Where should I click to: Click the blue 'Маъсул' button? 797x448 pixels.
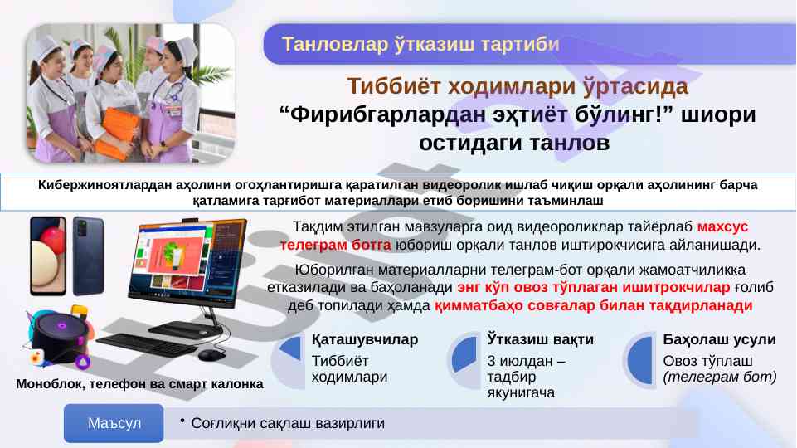(114, 423)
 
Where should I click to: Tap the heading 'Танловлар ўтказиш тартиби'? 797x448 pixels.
(420, 44)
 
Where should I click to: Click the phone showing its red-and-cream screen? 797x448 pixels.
(48, 256)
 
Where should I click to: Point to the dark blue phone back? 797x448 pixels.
(88, 256)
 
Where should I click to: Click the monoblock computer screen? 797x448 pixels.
(187, 263)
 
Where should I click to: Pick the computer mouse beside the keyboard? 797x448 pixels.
(211, 354)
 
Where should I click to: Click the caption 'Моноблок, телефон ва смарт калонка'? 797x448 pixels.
(139, 384)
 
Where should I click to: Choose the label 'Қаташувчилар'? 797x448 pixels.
(364, 339)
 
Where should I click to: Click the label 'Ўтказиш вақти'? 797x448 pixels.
(540, 339)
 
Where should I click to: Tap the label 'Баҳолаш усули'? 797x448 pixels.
(719, 339)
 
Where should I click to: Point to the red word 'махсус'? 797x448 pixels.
(722, 226)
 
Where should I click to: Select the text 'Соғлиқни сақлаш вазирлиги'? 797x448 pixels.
(288, 423)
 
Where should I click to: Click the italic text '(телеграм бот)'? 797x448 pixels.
(720, 377)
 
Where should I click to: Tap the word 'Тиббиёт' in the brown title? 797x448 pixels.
(393, 86)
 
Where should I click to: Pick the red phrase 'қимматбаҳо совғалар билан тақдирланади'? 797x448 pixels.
(593, 305)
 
